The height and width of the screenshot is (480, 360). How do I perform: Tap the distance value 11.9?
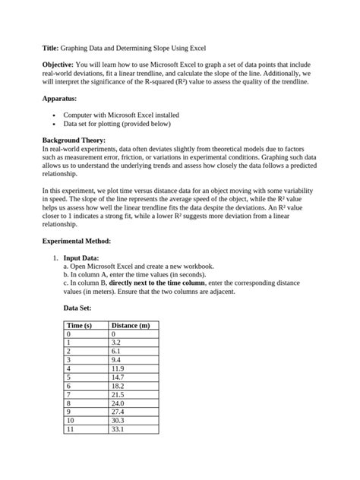pyautogui.click(x=118, y=368)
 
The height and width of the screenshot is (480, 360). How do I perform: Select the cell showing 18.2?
pyautogui.click(x=118, y=386)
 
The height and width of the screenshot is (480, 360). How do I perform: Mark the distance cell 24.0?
pyautogui.click(x=118, y=403)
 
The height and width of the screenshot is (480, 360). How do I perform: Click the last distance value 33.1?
pyautogui.click(x=118, y=429)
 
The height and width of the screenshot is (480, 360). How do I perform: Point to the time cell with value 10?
pyautogui.click(x=71, y=420)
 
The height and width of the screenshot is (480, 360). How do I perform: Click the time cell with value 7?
pyautogui.click(x=69, y=394)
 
